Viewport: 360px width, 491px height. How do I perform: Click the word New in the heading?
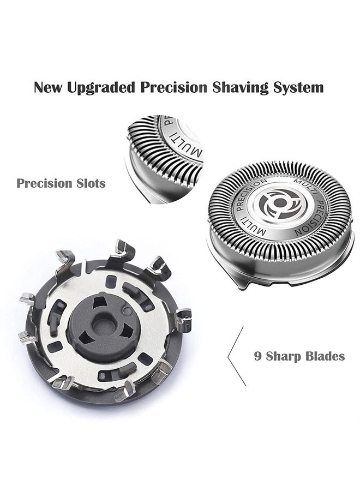coord(47,87)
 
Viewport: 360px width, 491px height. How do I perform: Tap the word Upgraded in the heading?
coord(103,87)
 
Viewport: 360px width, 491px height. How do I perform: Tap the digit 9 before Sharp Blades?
coord(257,357)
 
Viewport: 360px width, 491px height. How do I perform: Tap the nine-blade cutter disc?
coord(104,327)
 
